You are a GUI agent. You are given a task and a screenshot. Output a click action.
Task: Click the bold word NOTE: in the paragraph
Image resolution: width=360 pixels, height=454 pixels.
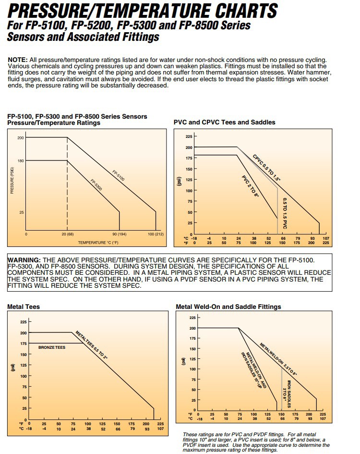pos(18,59)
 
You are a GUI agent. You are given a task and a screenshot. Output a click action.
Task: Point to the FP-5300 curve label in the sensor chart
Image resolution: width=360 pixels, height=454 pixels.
pos(96,185)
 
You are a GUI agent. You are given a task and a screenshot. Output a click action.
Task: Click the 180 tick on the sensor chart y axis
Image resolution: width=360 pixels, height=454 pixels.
pos(21,161)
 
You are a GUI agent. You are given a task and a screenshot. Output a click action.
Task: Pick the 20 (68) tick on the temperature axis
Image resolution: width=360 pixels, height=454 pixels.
pos(67,234)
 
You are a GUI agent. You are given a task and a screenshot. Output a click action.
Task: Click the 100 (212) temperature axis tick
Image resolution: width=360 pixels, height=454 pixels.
pos(156,234)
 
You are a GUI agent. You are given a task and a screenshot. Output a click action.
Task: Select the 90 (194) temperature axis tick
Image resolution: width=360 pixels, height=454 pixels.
pos(119,234)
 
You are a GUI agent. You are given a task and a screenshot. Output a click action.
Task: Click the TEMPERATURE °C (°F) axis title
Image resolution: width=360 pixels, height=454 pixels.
pos(98,243)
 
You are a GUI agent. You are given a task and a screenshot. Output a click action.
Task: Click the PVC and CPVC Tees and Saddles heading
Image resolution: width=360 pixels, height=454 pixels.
pos(224,123)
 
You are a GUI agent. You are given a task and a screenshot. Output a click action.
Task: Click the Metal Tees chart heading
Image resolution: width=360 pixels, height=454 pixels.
pos(24,307)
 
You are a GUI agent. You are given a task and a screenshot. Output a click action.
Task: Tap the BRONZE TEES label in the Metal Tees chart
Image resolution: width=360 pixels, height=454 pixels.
pos(52,346)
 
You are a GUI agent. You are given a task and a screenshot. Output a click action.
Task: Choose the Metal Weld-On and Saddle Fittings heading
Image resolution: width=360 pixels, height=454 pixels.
pos(228,307)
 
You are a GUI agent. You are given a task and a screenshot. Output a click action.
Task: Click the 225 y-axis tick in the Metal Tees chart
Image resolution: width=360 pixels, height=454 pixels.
pos(24,321)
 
